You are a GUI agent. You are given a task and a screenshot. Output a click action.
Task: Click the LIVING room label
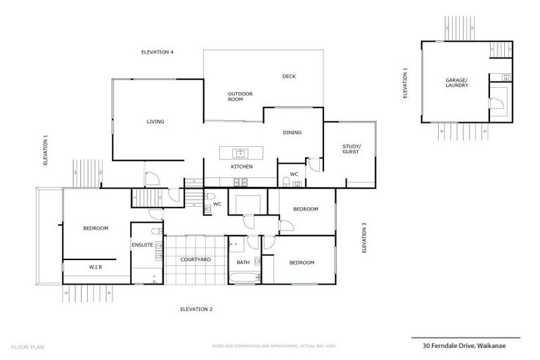pos(155,122)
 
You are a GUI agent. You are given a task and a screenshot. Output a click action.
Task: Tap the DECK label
pos(288,77)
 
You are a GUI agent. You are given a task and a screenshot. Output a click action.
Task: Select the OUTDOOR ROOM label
pos(240,96)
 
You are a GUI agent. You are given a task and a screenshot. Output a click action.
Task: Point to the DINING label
pos(292,132)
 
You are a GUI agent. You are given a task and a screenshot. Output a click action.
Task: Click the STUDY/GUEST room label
pos(351,148)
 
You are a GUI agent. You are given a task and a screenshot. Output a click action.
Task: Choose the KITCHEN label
pos(241,167)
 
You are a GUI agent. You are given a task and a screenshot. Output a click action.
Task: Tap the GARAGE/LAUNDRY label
pos(456,84)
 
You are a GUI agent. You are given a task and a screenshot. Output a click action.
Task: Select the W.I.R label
pos(96,267)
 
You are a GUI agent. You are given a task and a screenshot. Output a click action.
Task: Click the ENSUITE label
pos(142,245)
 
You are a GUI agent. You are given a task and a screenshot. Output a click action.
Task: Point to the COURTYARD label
pos(195,259)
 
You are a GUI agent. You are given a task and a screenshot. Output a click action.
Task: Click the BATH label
pos(243,262)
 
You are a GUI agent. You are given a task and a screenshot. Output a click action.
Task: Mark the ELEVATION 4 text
pos(157,52)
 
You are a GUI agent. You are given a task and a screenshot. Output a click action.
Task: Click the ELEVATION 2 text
pos(196,309)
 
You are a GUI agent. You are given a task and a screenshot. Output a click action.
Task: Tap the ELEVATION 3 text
pos(364,238)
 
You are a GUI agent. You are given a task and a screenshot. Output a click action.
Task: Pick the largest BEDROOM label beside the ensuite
pos(96,228)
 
